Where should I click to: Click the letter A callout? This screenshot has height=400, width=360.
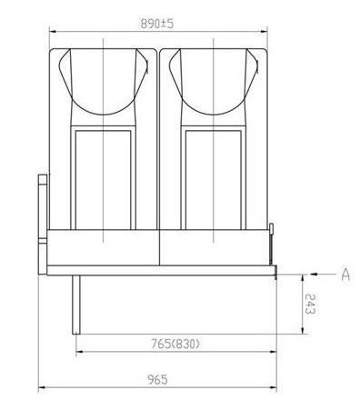(345, 274)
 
